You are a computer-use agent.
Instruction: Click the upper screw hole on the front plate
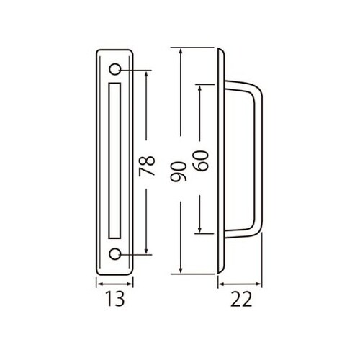(116, 70)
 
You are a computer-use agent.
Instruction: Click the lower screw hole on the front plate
(116, 254)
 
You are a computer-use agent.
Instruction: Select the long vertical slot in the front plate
(116, 162)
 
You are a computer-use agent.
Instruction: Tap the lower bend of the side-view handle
(256, 231)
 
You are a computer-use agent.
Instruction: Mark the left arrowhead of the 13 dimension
(99, 284)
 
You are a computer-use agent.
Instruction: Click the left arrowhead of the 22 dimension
(218, 284)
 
